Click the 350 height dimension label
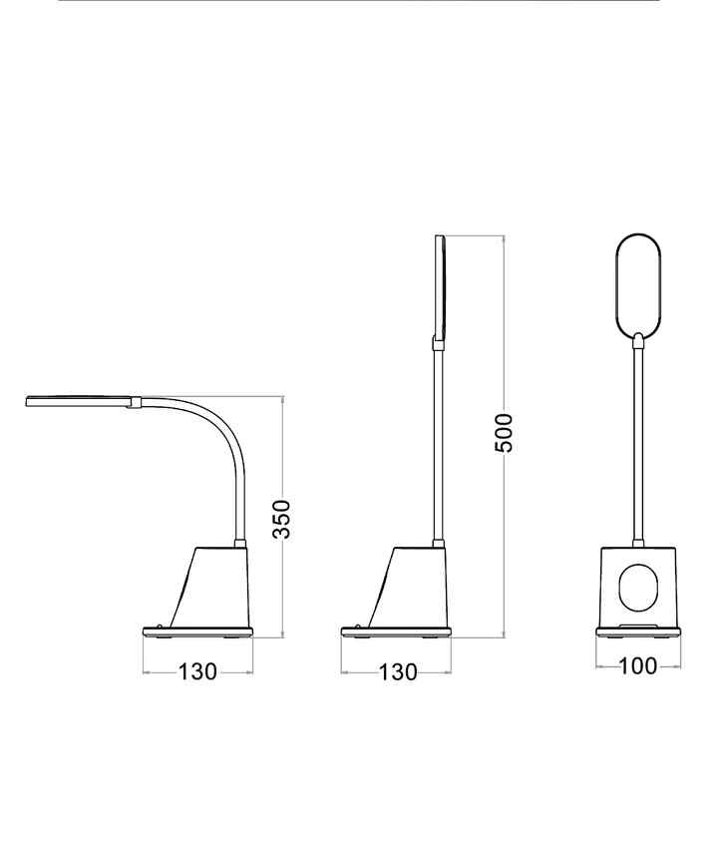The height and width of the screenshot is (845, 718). tap(281, 519)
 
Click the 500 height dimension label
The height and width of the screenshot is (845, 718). tap(504, 433)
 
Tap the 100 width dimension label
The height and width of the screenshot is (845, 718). tap(638, 666)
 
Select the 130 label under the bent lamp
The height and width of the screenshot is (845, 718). tap(197, 672)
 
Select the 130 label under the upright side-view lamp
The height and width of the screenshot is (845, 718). tap(398, 672)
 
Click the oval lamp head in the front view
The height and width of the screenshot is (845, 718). tap(617, 285)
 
